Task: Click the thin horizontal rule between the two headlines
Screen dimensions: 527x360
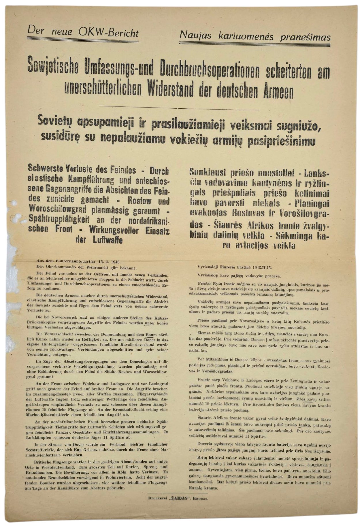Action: [179, 108]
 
